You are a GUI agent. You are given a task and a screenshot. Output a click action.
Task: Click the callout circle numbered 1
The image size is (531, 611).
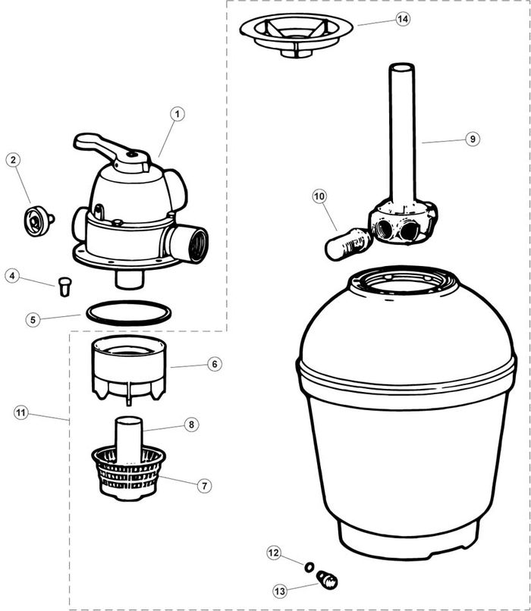click(x=178, y=114)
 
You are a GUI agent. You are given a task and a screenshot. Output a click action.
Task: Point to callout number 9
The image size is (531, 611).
click(x=472, y=139)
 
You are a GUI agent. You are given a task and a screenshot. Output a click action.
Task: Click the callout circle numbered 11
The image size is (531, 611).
click(x=20, y=412)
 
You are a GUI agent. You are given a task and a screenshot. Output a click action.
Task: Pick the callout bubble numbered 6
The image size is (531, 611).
click(x=215, y=364)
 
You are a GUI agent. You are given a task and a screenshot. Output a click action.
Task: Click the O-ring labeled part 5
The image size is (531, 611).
click(x=128, y=312)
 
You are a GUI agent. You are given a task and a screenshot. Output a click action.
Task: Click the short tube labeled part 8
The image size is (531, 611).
click(x=127, y=437)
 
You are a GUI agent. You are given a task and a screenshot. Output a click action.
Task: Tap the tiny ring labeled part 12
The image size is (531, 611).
click(x=309, y=566)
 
